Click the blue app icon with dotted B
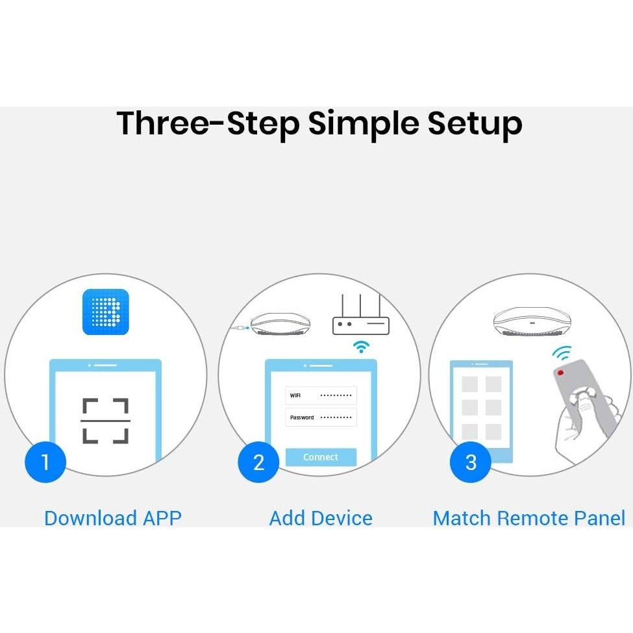tap(105, 312)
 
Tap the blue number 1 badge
tap(45, 462)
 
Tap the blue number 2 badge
tap(258, 462)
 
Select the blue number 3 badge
tap(470, 462)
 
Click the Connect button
tap(321, 457)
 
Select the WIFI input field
tap(321, 395)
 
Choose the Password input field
tap(321, 417)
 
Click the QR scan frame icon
tap(105, 421)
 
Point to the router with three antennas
tap(360, 314)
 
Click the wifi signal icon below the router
tap(362, 347)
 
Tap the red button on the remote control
tap(560, 372)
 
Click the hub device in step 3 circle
tap(532, 322)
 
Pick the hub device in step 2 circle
tap(280, 324)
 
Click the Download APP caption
tap(113, 518)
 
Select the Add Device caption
tap(321, 518)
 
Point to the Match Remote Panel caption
tap(529, 518)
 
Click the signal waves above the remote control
tap(562, 353)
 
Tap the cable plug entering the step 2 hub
tap(241, 327)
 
